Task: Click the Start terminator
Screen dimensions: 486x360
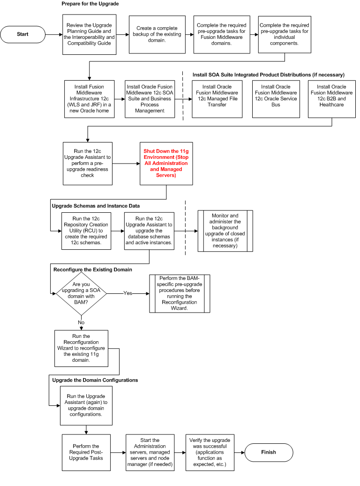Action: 22,34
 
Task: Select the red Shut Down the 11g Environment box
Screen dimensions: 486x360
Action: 166,163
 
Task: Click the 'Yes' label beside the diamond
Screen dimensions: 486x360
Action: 127,293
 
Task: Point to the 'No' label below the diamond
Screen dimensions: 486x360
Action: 82,322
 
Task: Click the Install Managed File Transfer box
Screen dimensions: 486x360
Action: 217,99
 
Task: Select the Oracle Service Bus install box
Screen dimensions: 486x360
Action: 276,99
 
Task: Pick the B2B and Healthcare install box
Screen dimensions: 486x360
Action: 332,99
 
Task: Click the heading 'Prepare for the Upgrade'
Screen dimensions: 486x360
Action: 90,4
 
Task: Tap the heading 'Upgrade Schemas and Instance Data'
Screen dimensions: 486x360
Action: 96,206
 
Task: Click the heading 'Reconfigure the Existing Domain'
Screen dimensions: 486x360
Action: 93,269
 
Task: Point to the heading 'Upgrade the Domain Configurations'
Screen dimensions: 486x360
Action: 95,380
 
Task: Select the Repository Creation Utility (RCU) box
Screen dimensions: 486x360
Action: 86,232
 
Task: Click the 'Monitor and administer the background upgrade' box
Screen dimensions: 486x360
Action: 225,231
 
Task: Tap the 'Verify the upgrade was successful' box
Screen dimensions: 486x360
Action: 210,453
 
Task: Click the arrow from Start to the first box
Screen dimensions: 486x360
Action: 53,34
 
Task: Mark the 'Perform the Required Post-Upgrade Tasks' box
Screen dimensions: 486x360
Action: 86,453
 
